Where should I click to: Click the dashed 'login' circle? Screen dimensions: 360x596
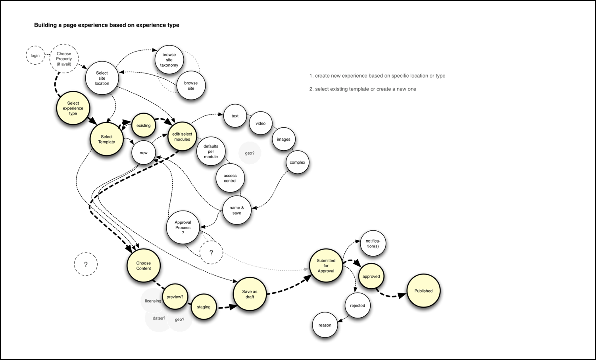35,56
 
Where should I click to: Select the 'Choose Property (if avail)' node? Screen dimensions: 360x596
64,59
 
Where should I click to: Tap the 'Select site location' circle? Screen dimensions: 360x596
102,78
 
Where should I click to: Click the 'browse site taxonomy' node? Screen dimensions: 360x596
169,60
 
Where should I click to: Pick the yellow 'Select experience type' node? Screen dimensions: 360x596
73,108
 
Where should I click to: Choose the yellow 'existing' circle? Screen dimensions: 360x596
143,125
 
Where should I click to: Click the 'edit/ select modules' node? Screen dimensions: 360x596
182,136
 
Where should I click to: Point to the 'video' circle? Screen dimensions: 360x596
260,123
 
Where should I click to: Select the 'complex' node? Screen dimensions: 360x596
297,162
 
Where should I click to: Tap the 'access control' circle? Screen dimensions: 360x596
230,178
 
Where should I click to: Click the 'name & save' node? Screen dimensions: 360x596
237,210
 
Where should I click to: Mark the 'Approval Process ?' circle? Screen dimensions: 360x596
183,228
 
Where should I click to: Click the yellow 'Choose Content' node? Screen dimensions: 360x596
143,266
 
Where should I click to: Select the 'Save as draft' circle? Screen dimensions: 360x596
250,294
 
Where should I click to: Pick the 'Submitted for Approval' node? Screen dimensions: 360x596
326,266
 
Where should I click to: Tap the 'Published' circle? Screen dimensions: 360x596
423,291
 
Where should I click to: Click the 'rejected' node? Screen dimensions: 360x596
358,306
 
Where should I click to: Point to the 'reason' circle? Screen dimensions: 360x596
325,325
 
